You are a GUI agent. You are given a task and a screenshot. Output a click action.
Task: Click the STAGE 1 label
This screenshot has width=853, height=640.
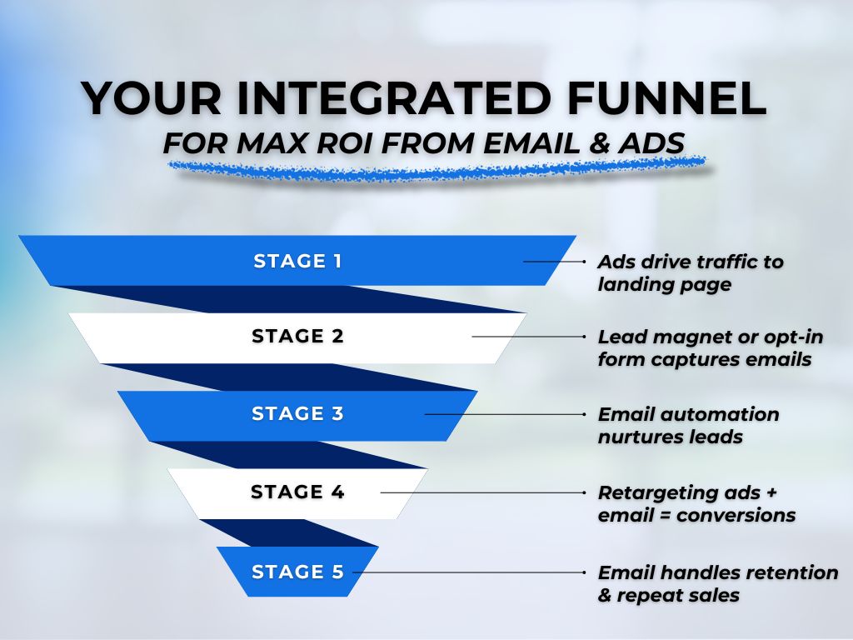[297, 261]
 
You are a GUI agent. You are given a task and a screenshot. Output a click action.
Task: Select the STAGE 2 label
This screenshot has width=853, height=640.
[297, 337]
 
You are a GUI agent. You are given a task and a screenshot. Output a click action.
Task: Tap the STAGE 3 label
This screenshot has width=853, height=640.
[297, 413]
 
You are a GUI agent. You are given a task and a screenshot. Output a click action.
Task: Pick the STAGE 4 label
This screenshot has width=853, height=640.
[297, 492]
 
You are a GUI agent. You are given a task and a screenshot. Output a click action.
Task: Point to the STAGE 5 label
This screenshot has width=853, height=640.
[297, 572]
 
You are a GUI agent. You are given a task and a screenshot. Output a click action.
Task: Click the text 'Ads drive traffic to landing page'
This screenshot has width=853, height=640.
[690, 272]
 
